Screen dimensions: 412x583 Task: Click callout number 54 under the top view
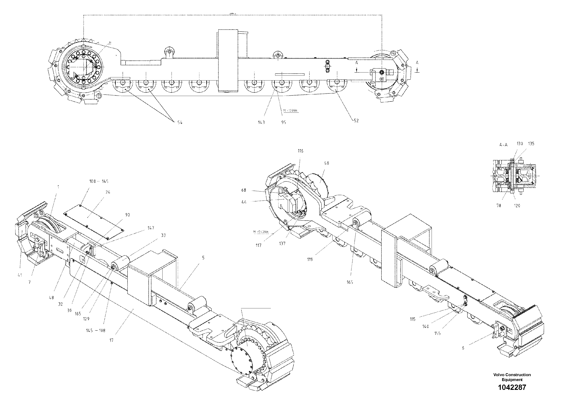point(180,122)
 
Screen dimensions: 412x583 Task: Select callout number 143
point(261,122)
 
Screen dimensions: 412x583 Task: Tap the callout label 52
point(356,121)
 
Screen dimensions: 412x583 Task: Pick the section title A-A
point(503,145)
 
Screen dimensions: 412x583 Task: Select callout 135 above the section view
point(531,144)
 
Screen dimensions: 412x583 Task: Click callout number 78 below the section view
point(499,206)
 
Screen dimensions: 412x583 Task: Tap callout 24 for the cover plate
point(108,192)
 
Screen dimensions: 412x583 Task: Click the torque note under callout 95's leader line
point(290,110)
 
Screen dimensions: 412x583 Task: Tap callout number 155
point(437,333)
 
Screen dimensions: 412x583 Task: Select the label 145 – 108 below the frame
point(96,331)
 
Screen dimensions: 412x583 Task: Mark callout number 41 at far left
point(20,275)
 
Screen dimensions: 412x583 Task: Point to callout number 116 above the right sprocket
point(301,151)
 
